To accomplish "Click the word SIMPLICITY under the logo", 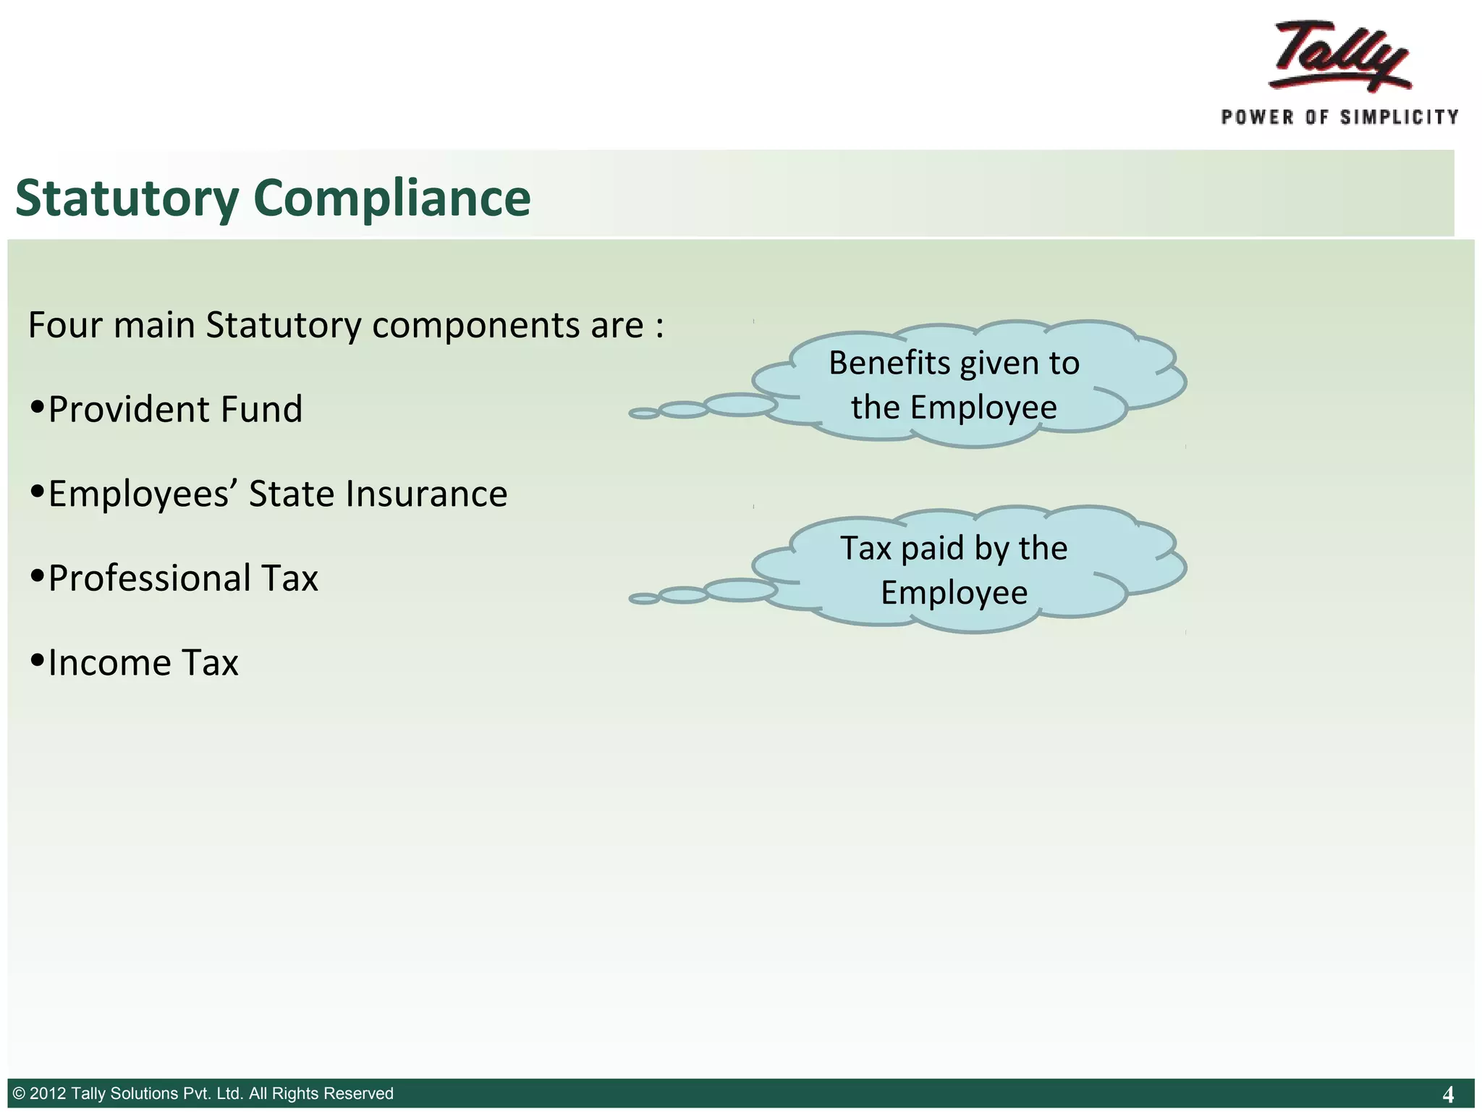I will click(x=1400, y=117).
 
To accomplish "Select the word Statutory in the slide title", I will click(x=127, y=198).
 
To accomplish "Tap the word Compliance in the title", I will click(x=391, y=198).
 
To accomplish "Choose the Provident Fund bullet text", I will click(x=175, y=410).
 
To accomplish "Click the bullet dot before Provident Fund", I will click(x=38, y=407).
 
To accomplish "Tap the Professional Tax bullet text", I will click(x=183, y=578).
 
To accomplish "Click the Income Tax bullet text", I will click(x=143, y=663).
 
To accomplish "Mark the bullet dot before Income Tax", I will click(x=38, y=660).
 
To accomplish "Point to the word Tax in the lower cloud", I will click(x=865, y=548).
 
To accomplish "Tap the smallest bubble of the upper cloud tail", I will click(x=643, y=413).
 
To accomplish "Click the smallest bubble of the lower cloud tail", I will click(x=643, y=599).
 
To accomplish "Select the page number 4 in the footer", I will click(x=1448, y=1094).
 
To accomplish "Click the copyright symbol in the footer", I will click(x=20, y=1093).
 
